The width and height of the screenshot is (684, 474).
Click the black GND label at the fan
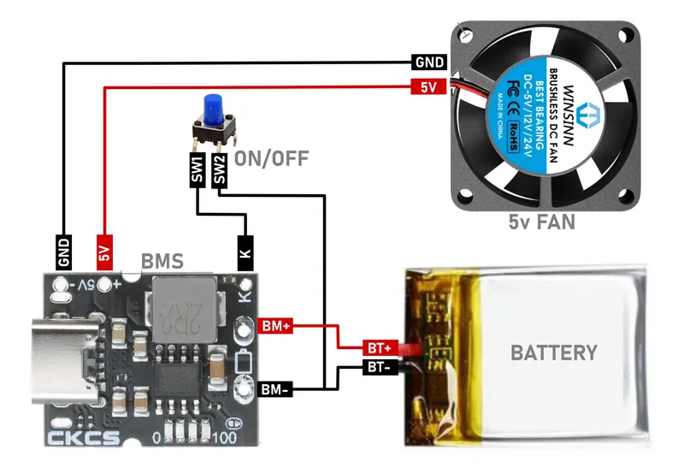pos(428,62)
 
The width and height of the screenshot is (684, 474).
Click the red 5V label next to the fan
pos(428,86)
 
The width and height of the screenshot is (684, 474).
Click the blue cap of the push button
pos(209,110)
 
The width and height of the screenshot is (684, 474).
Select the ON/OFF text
pos(271,158)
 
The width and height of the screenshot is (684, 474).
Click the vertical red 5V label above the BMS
pos(104,251)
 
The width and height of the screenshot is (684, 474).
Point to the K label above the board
pos(245,254)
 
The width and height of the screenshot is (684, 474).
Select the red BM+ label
pos(277,326)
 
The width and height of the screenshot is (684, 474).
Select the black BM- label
pos(277,390)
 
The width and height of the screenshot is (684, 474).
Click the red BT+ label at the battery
pos(379,348)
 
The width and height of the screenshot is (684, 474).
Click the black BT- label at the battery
pos(379,367)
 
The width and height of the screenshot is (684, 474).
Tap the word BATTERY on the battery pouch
pos(553,353)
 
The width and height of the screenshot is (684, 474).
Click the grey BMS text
pos(162,261)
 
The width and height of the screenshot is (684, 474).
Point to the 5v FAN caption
pos(541,222)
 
